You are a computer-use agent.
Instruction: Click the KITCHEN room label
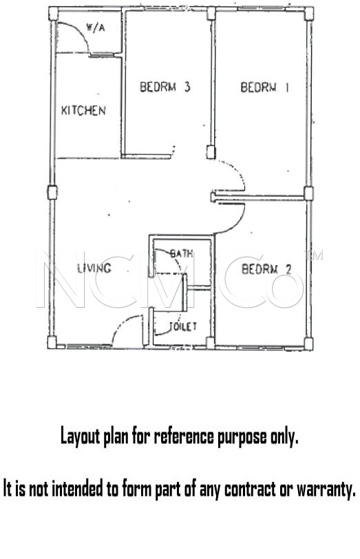83,111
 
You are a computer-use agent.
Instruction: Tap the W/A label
96,28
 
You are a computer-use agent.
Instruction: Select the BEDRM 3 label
165,87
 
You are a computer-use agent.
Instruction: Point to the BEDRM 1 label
264,87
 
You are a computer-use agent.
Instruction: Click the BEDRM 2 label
266,269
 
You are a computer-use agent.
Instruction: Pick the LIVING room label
94,268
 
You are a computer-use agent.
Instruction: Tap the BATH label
182,253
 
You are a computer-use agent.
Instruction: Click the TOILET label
183,326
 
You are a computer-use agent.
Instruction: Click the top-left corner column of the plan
54,14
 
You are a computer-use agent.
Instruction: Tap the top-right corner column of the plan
308,14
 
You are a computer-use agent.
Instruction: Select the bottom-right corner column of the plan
308,344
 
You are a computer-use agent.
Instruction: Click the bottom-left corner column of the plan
52,343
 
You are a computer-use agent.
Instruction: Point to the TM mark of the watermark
313,255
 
